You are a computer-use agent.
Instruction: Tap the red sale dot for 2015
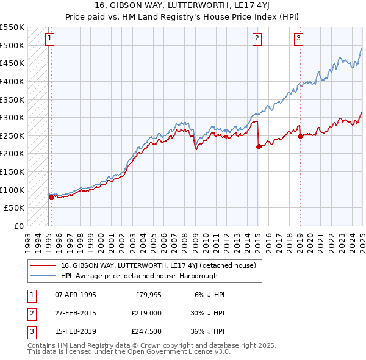[259, 146]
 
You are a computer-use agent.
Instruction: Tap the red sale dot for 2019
[300, 136]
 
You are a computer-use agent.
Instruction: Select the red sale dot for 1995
[51, 196]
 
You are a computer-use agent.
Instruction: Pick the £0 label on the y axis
[18, 226]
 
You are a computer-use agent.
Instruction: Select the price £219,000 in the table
[146, 314]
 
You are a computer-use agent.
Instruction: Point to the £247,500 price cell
[146, 333]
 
